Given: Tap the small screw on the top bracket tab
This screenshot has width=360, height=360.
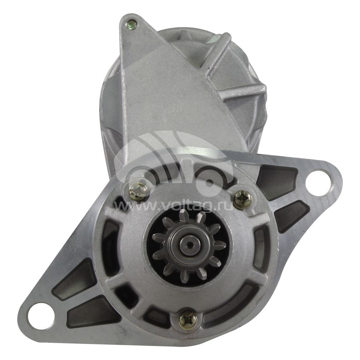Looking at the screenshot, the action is (x=132, y=23).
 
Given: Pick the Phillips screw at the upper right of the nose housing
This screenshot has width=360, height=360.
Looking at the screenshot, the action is (x=243, y=200).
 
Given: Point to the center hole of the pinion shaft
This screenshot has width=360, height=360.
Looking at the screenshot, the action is (x=188, y=245).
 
